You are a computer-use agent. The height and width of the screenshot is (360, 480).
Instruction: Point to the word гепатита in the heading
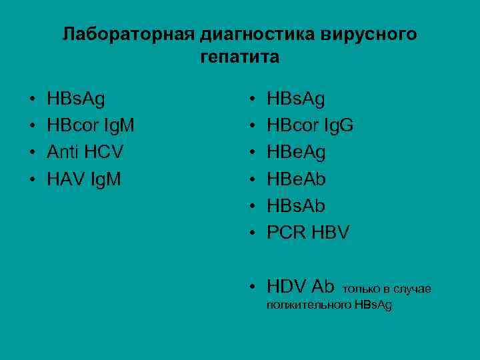[x=239, y=57]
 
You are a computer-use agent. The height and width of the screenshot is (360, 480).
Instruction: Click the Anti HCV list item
[x=85, y=152]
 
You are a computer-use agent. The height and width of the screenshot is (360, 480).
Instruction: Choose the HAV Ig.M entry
[x=84, y=179]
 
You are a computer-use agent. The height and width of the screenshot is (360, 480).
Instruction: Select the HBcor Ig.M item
[x=91, y=125]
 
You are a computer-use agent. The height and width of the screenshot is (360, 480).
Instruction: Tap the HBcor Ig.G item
[x=310, y=125]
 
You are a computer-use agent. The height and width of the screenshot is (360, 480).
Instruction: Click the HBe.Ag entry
[x=296, y=152]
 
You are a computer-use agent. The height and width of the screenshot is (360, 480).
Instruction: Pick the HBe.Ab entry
[x=296, y=179]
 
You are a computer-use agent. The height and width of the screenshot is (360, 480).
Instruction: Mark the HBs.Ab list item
[x=296, y=205]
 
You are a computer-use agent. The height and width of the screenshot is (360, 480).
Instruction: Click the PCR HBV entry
[x=307, y=232]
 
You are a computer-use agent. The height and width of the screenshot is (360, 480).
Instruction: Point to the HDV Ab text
[x=300, y=287]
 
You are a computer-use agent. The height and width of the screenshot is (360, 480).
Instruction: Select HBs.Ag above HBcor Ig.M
[x=77, y=99]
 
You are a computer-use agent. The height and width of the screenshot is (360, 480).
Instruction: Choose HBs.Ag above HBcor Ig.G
[x=296, y=99]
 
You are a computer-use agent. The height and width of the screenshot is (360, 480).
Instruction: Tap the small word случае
[x=413, y=289]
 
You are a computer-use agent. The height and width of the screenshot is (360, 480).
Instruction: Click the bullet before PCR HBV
[x=253, y=233]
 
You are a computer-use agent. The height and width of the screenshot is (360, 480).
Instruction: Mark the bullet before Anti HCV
[x=33, y=153]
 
